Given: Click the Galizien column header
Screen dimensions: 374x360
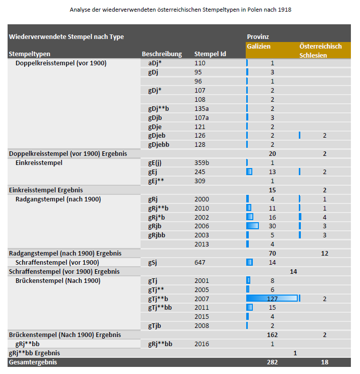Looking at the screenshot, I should [259, 46].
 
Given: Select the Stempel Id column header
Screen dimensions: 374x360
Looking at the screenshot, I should [210, 54].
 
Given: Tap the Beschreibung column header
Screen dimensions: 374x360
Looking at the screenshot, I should [161, 54].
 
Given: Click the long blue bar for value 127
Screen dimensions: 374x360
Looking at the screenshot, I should [272, 299].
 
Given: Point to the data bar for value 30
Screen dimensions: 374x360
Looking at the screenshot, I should [252, 226].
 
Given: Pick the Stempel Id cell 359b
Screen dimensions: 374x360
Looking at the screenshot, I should [201, 163].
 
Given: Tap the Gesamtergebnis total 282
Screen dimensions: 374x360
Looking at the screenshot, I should [272, 362].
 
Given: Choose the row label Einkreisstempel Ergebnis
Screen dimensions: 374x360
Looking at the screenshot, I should [46, 190].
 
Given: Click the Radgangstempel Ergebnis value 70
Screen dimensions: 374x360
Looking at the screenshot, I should [272, 253].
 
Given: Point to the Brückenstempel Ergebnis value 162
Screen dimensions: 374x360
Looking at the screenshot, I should [272, 335].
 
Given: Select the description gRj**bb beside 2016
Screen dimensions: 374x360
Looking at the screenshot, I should [160, 344].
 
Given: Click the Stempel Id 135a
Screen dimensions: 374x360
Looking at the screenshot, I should [201, 108].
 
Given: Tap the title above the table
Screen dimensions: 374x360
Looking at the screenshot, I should [179, 10].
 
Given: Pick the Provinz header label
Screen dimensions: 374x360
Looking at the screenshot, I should [257, 37].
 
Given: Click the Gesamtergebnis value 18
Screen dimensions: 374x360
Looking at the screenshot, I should [325, 362].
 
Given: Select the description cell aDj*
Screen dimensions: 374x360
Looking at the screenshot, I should [155, 63].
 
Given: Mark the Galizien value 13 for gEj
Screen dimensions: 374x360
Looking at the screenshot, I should [272, 172].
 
